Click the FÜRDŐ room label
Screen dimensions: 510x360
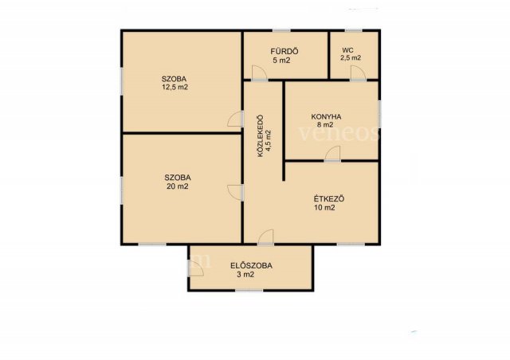coord(284,52)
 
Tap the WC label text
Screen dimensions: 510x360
coord(347,50)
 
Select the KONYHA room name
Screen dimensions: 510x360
coord(326,117)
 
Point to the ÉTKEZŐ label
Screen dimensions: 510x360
coord(329,198)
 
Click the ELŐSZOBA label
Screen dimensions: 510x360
coord(251,266)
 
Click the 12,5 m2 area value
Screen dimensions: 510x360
coord(175,87)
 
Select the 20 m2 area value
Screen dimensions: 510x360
coord(177,186)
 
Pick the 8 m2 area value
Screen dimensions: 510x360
coord(327,124)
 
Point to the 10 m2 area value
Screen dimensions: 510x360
coord(324,208)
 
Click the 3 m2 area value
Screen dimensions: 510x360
coord(245,275)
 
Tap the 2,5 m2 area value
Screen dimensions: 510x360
coord(351,58)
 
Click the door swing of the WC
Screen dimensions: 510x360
coord(358,72)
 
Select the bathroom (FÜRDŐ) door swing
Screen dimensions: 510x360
coord(259,72)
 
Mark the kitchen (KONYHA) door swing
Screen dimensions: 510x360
coord(333,154)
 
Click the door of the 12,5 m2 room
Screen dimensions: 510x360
coord(236,119)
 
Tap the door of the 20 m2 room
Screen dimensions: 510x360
coord(236,193)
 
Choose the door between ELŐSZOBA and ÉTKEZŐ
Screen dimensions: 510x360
coord(266,237)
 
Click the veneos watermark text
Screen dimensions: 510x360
coord(339,133)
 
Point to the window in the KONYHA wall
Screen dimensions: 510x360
coord(379,114)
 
